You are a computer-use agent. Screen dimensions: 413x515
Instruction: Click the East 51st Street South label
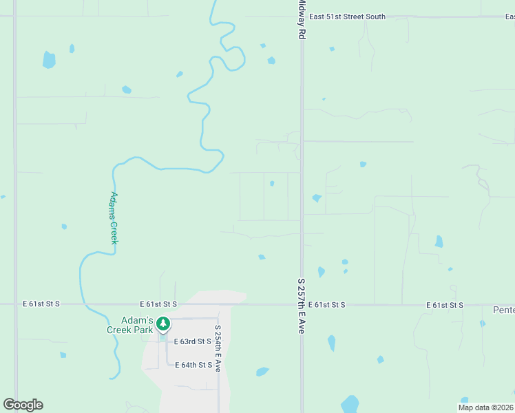tap(348, 17)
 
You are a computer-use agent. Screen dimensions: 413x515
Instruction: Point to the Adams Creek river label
tap(114, 218)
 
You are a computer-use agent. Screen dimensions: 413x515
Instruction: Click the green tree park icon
tap(162, 323)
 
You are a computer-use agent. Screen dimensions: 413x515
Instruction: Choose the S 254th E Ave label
tap(217, 348)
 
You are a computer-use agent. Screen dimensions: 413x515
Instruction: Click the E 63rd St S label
tap(192, 341)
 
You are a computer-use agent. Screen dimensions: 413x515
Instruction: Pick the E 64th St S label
tap(193, 365)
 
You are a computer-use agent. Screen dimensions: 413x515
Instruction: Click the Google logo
tap(23, 405)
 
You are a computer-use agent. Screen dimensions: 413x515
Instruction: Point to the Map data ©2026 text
tap(485, 407)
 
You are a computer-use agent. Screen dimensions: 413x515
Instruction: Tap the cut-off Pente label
tap(503, 310)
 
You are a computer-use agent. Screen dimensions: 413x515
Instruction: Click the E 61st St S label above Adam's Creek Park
tap(158, 304)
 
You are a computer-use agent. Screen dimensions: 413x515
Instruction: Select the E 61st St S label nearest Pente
tap(445, 304)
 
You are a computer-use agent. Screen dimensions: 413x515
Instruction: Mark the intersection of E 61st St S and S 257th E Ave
tap(302, 304)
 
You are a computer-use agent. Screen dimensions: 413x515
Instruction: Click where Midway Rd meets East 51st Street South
tap(302, 17)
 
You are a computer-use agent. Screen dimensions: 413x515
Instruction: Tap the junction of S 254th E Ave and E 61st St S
tap(217, 304)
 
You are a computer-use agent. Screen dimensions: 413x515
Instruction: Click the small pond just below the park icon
tap(162, 337)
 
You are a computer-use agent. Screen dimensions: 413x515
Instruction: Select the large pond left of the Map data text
tap(350, 403)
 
